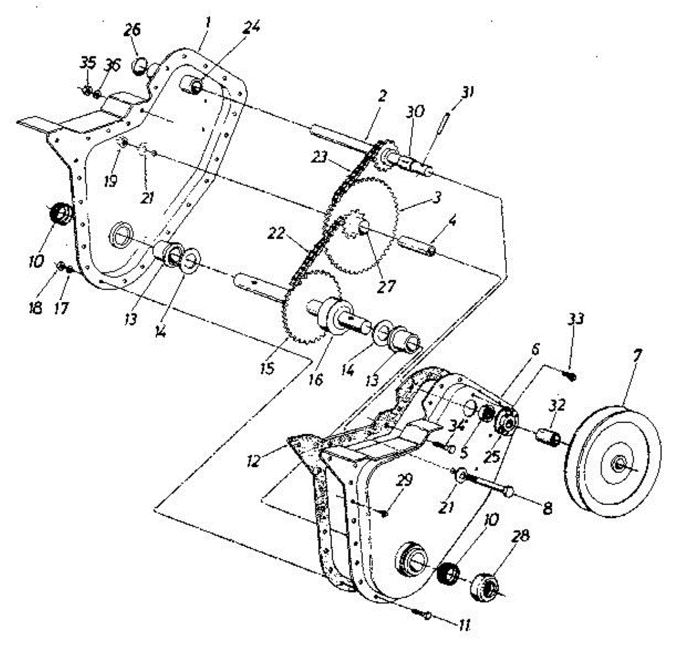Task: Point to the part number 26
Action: point(132,31)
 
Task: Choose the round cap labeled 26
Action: point(139,67)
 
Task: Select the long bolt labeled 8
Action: point(488,483)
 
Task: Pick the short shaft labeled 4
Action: point(417,244)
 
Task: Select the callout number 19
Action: point(111,181)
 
